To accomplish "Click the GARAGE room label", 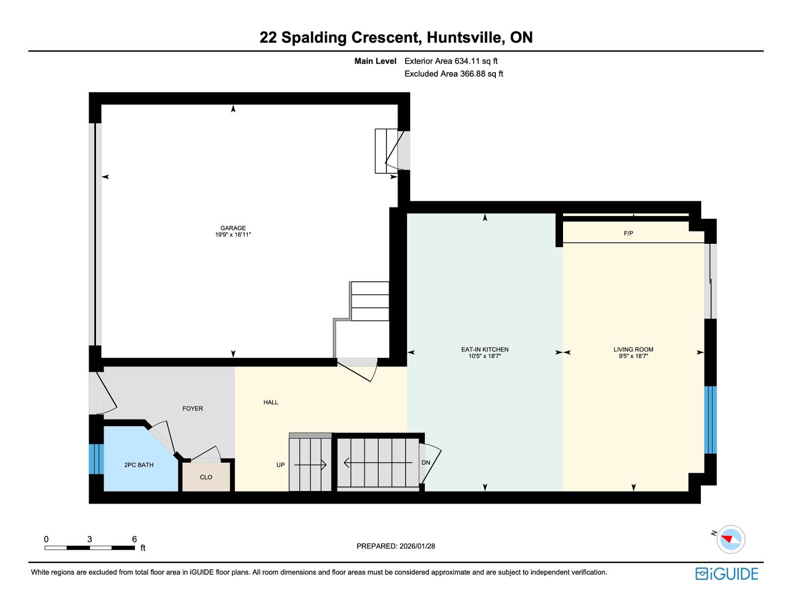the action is coord(233,228).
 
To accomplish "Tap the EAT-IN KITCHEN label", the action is coord(485,349).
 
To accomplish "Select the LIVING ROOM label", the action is coord(633,349).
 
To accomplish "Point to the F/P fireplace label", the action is coord(628,233).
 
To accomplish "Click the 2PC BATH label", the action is coord(139,465).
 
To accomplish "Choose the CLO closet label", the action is coord(206,477).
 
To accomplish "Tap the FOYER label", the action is coord(193,409).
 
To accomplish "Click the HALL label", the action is coord(271,402).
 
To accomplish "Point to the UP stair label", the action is coord(280,465).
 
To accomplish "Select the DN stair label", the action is coord(426,463).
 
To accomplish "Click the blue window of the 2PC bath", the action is coord(96,459).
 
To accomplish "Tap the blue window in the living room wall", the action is coord(710,420).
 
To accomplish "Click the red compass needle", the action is coord(728,539).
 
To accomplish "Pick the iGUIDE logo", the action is coord(727,574).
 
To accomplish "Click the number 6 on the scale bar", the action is coord(134,539).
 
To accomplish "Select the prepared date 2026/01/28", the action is coord(417,546).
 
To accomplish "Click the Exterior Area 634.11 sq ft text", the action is coord(451,61).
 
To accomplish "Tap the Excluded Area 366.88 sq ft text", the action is coord(454,74).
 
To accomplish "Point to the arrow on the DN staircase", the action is coord(378,463).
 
